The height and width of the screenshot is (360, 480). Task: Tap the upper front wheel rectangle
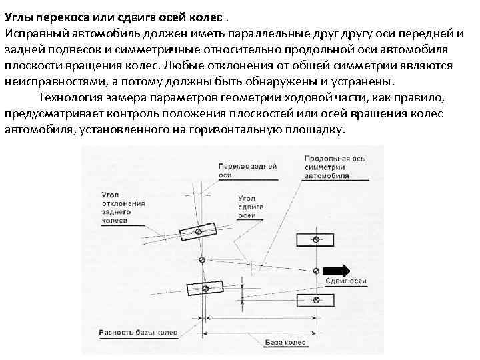click(x=317, y=239)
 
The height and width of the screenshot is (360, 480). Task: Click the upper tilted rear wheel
click(x=201, y=229)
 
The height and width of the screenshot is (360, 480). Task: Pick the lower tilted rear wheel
click(x=205, y=288)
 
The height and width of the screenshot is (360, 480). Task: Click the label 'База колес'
click(x=285, y=343)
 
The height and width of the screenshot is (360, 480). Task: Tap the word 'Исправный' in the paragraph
click(x=31, y=33)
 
